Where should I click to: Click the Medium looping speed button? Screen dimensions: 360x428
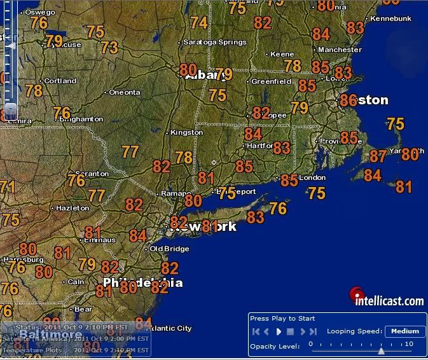tap(405, 331)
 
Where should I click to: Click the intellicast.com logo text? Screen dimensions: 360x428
tap(389, 301)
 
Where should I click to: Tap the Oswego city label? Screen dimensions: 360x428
tap(40, 11)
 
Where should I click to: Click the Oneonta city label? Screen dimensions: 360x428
tap(124, 92)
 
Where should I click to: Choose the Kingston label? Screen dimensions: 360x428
tap(186, 132)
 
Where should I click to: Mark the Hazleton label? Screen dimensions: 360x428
tap(72, 208)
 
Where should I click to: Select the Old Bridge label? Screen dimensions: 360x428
tap(166, 249)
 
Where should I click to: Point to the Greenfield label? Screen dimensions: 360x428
tap(271, 81)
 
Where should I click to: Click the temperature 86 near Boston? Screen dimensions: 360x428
tap(349, 100)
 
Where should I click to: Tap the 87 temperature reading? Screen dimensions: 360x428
tap(378, 156)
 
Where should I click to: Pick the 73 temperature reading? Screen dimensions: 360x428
tap(109, 47)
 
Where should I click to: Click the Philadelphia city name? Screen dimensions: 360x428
tap(142, 282)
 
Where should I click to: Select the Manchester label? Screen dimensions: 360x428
tap(340, 50)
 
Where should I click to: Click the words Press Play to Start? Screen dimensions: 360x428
tap(282, 318)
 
